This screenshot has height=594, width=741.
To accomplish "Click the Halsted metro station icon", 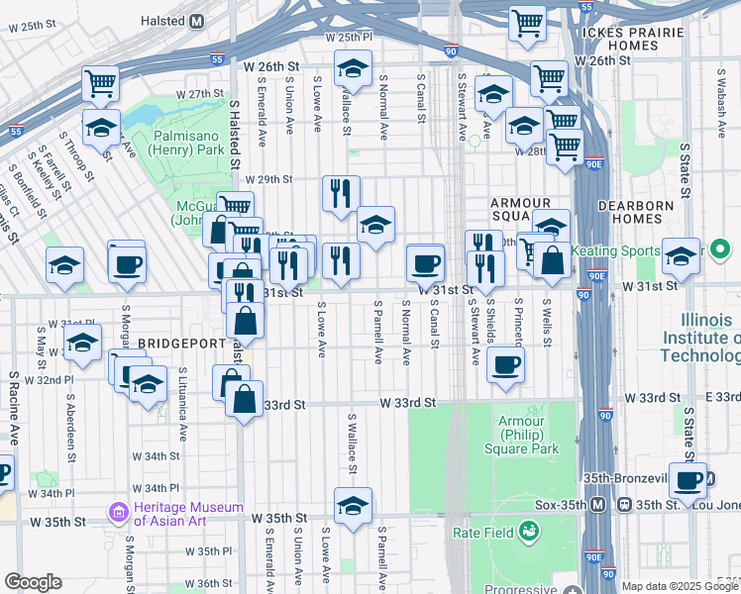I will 196,21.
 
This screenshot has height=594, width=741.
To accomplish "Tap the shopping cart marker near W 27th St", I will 101,85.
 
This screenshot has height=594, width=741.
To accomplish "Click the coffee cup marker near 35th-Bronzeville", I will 688,481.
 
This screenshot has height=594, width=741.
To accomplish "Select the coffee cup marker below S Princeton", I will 504,363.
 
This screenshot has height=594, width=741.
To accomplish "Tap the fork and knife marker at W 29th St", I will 341,193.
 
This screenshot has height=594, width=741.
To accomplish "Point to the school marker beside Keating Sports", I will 681,256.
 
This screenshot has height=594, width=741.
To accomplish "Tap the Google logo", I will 33,582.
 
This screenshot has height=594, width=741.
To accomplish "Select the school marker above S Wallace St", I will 352,69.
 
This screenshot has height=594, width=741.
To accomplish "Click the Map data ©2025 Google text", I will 680,586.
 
